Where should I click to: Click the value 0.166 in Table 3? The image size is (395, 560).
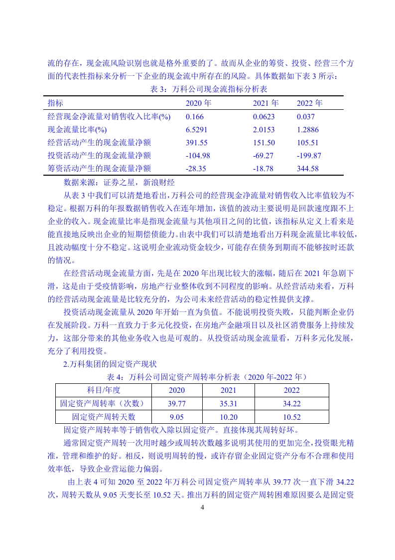pos(195,117)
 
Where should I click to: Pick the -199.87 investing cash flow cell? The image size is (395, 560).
pos(308,156)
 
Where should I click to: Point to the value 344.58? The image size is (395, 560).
pos(307,169)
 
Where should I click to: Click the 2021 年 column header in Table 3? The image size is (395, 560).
pos(265,103)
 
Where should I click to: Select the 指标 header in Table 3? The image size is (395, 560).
pos(55,103)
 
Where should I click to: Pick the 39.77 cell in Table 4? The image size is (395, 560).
pos(176,403)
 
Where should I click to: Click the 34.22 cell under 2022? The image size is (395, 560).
pos(292,403)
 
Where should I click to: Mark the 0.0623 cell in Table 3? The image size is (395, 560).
pos(263,117)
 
